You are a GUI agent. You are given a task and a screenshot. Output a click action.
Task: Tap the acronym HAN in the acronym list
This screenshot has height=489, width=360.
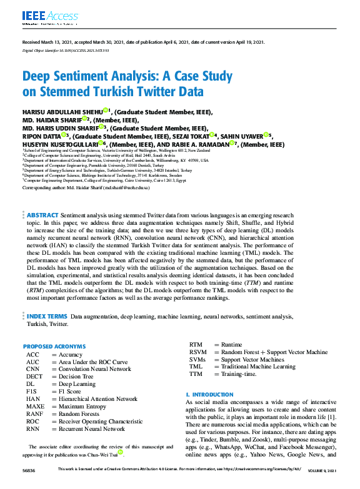[32, 399]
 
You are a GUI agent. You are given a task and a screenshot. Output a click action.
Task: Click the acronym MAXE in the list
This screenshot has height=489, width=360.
[35, 407]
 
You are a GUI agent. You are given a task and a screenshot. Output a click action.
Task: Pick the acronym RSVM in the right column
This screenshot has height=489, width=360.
[197, 352]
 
